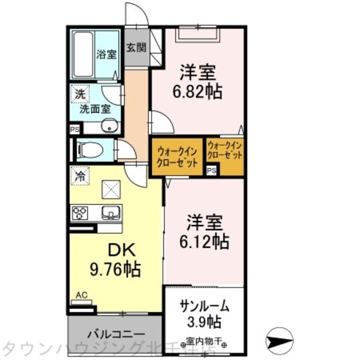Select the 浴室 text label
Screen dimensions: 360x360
[107, 53]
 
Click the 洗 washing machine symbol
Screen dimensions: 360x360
[79, 94]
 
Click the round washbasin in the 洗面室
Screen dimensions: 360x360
[108, 126]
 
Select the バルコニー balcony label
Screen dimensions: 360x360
[115, 334]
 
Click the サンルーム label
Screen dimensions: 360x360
[205, 305]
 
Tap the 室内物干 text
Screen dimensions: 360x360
[204, 341]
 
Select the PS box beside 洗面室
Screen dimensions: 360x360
[75, 129]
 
